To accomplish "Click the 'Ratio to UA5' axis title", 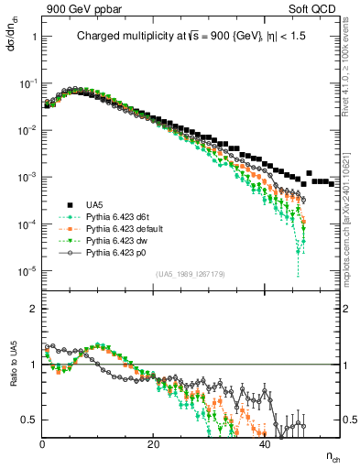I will point(11,377).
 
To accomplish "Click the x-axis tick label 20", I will point(154,444).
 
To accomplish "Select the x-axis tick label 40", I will point(265,444).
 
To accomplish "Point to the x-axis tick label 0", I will point(43,444).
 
